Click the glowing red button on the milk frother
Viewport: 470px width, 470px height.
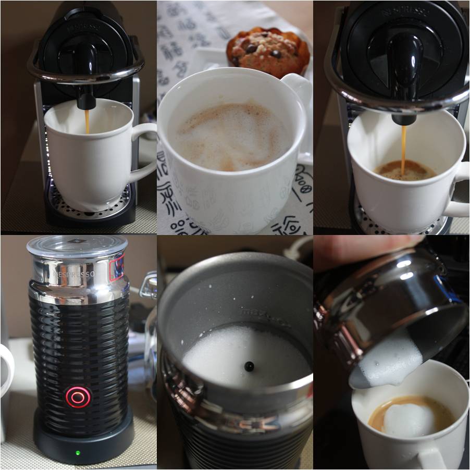(78, 398)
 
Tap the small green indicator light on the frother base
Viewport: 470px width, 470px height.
(78, 452)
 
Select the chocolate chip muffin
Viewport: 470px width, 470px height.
(268, 52)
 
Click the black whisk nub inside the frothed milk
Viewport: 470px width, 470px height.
(249, 366)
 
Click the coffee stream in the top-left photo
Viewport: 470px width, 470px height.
(87, 120)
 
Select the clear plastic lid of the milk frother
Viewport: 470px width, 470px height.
(77, 245)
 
